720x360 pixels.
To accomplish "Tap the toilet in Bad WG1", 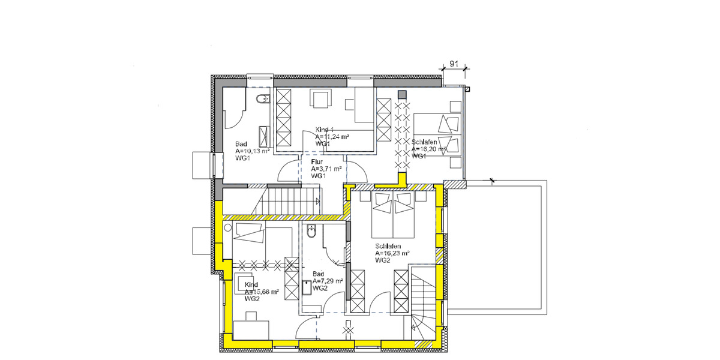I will pyautogui.click(x=262, y=100).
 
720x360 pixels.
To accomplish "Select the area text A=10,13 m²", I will pyautogui.click(x=253, y=151).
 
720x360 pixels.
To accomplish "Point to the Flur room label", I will pyautogui.click(x=317, y=162).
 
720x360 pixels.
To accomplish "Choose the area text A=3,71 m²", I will pyautogui.click(x=326, y=169).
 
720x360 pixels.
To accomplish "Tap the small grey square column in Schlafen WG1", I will pyautogui.click(x=401, y=94).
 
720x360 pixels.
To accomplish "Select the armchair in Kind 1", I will pyautogui.click(x=320, y=99).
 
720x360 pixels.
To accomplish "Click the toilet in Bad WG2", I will pyautogui.click(x=312, y=232).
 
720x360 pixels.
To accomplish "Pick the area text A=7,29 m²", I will pyautogui.click(x=328, y=281).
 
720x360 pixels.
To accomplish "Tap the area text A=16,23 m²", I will pyautogui.click(x=392, y=253).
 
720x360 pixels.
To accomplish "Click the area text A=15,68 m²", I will pyautogui.click(x=262, y=292).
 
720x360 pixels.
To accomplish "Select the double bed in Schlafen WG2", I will pyautogui.click(x=392, y=213).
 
